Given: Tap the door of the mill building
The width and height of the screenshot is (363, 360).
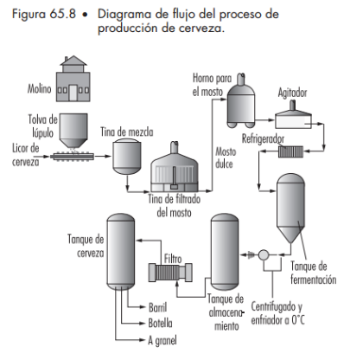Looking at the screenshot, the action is (x=73, y=93).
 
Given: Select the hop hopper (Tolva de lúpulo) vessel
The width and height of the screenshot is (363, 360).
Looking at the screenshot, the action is (x=73, y=131).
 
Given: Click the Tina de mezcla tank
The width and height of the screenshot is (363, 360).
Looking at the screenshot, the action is (x=127, y=157).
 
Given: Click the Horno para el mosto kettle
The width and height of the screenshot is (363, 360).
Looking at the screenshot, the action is (x=241, y=101).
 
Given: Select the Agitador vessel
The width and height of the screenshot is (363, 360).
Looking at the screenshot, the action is (x=293, y=115).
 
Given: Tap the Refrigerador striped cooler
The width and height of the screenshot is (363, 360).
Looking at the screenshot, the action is (x=290, y=151).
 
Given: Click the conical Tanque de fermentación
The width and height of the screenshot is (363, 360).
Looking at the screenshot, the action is (x=290, y=209).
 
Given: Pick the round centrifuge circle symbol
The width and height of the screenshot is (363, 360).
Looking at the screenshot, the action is (x=264, y=255).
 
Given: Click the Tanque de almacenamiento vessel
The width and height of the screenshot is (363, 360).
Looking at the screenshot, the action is (x=225, y=253).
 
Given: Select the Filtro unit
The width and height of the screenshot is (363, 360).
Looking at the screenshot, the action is (x=170, y=273).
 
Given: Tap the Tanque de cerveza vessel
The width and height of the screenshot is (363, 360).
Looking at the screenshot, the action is (x=121, y=252).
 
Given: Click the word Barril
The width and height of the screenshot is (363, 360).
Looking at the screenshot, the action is (x=157, y=307).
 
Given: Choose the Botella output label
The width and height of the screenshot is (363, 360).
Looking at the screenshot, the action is (x=160, y=323).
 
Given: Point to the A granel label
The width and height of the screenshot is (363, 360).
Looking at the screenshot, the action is (x=162, y=341).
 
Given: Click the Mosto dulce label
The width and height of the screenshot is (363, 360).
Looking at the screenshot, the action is (x=226, y=157).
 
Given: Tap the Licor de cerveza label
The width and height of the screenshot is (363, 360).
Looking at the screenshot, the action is (x=25, y=155).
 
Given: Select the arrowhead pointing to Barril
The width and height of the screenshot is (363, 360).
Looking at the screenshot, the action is (x=143, y=307).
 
